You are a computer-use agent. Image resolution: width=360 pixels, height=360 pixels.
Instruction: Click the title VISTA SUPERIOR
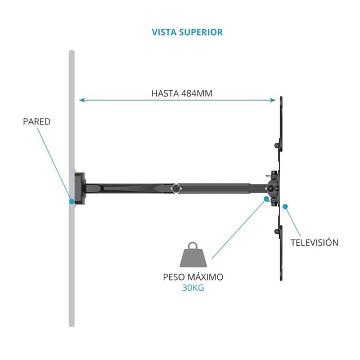tap(187, 32)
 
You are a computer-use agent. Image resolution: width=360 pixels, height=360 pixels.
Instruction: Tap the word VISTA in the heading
tap(165, 32)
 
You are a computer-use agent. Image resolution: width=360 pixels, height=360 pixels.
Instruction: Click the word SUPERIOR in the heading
tap(201, 32)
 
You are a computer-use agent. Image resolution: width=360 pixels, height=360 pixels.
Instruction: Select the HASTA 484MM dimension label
tap(182, 93)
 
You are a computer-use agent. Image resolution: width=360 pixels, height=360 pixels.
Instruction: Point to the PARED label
tap(37, 121)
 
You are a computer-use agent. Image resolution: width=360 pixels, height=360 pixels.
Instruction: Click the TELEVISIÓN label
tap(314, 242)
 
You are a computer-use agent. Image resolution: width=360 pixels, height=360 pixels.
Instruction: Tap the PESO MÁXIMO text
tap(193, 277)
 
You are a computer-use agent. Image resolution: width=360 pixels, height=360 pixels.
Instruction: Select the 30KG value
tap(193, 287)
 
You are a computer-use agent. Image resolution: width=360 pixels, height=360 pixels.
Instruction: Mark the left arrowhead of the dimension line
tap(82, 100)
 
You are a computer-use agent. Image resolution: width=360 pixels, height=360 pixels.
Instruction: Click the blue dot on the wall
tap(71, 201)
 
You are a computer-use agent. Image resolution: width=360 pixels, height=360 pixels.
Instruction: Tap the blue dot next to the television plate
tap(285, 206)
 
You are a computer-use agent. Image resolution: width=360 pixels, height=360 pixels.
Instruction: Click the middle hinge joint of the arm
tap(177, 188)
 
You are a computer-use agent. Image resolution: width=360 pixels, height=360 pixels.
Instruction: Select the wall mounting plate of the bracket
tap(79, 188)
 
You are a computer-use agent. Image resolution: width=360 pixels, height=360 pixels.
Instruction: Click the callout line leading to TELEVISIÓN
tap(292, 221)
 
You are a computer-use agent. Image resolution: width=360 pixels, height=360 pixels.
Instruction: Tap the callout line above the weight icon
tap(237, 228)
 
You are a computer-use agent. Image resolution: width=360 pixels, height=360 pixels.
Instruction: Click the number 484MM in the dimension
tap(196, 93)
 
